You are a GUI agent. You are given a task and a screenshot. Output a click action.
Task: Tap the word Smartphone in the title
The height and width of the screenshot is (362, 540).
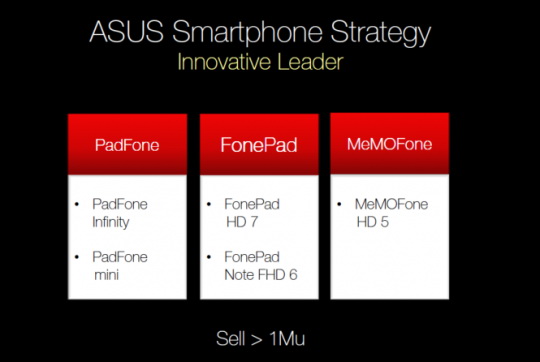pyautogui.click(x=247, y=32)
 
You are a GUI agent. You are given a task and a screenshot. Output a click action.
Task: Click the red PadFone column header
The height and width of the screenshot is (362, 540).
pyautogui.click(x=126, y=143)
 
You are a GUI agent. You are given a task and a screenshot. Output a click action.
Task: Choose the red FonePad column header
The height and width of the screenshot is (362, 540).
pyautogui.click(x=259, y=143)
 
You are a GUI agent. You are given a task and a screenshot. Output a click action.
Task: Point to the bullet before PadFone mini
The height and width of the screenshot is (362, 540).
pyautogui.click(x=78, y=257)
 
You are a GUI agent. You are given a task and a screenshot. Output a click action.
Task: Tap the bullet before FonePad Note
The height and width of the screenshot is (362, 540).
pyautogui.click(x=211, y=257)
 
